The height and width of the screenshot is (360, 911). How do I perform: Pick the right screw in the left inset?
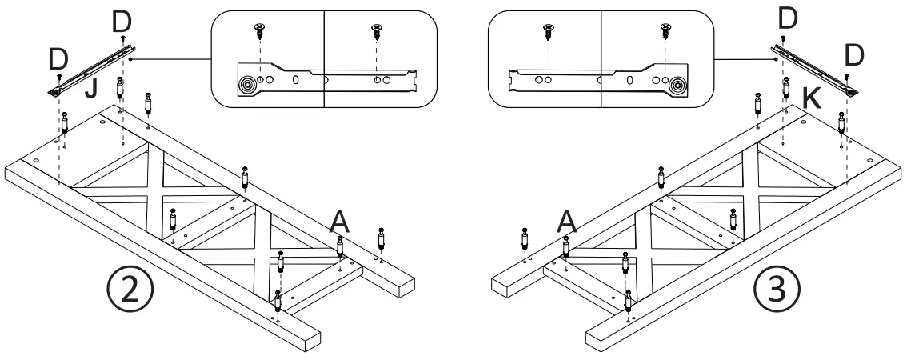(x=378, y=33)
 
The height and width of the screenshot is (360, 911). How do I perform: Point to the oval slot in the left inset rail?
(x=297, y=80)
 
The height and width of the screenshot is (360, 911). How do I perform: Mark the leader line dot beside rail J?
(x=130, y=58)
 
